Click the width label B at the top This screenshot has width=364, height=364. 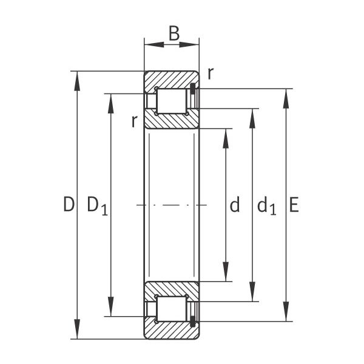[174, 33]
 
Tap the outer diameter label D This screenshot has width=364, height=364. [69, 204]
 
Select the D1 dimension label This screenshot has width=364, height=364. [98, 206]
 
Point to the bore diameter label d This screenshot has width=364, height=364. [234, 204]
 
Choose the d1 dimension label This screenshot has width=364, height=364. [267, 206]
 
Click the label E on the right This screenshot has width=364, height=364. [294, 204]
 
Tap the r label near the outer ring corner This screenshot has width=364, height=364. [211, 74]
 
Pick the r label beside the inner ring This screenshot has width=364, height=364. [134, 121]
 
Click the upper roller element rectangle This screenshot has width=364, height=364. [172, 101]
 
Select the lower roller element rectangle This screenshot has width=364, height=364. [172, 309]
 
